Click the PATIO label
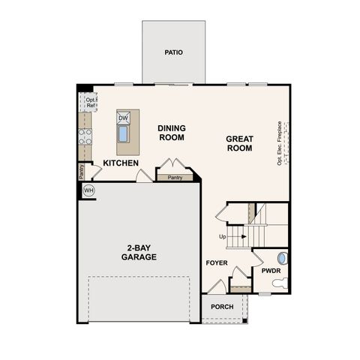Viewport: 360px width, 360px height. point(174,52)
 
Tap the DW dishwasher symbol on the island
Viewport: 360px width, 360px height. point(123,118)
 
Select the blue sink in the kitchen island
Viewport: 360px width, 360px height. point(123,135)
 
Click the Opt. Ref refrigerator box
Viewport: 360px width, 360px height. point(91,102)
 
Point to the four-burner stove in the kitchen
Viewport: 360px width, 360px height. point(85,136)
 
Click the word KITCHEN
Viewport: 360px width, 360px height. point(121,163)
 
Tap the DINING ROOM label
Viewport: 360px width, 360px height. point(172,133)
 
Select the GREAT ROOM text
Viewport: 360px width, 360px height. point(239,143)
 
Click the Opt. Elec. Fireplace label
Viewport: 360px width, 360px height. point(279,143)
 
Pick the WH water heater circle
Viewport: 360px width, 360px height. point(88,190)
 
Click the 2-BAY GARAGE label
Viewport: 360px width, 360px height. point(139,252)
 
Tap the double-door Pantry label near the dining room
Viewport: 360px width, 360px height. point(175,178)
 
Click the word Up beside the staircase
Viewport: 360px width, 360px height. point(222,237)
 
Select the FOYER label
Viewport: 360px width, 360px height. point(217,263)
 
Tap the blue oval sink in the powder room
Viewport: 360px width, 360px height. point(282,258)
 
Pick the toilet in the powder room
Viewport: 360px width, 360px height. point(279,283)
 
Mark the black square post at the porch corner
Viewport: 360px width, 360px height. point(244,322)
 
